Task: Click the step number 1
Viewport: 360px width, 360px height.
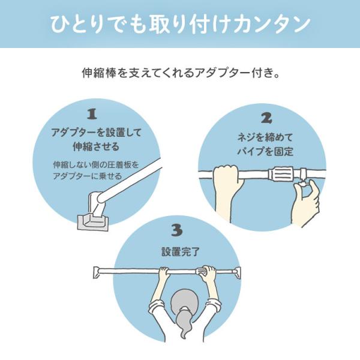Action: [x=92, y=114]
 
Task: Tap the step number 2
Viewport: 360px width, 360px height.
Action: [x=267, y=118]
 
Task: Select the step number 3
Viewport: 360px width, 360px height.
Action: [x=177, y=230]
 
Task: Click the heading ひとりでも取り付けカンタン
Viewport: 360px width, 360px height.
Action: [x=180, y=24]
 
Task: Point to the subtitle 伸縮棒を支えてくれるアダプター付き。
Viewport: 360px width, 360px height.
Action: [x=181, y=73]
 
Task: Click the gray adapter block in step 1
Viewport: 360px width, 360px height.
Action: [x=93, y=221]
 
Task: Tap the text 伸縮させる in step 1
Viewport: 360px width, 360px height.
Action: [x=96, y=146]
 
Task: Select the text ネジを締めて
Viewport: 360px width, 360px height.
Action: [x=265, y=138]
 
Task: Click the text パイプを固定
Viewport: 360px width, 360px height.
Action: [x=265, y=152]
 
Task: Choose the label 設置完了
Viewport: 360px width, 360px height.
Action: [x=181, y=252]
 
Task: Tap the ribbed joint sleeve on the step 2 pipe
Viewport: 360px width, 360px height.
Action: [x=281, y=174]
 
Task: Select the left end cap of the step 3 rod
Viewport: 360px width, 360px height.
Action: [x=96, y=272]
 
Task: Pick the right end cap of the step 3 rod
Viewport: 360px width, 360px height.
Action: [x=238, y=272]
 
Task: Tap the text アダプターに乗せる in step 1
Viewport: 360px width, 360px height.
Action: [x=88, y=176]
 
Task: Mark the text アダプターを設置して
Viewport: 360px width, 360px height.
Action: [x=96, y=133]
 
